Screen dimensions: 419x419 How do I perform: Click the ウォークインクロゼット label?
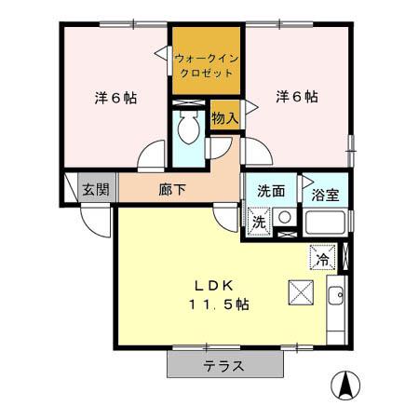coord(207,64)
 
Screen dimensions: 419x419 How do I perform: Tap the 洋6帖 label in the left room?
coord(115,97)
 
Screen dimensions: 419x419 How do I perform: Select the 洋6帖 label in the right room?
coord(296,97)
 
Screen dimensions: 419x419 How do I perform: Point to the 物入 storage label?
coord(224,118)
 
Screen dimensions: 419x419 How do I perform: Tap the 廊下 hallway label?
coord(171,189)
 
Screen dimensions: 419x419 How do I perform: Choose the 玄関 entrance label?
coord(95,189)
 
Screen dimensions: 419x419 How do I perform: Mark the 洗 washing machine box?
coord(259,222)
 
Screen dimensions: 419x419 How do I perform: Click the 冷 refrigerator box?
coord(322,258)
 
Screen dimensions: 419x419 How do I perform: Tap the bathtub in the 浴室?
coord(327,223)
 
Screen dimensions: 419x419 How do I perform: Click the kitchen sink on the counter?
coord(335,298)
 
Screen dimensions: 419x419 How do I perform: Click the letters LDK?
coord(220,285)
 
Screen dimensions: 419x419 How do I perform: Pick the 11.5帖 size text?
coord(221,304)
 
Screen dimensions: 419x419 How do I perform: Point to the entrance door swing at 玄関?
coord(93,216)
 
